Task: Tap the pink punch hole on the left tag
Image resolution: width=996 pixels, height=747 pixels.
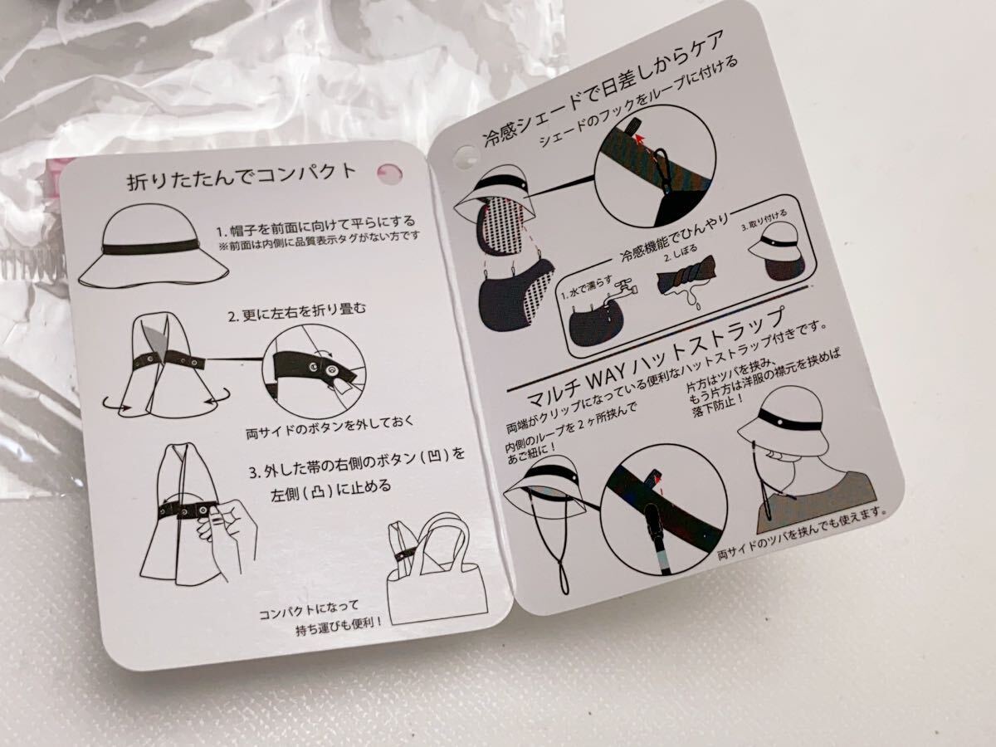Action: [x=390, y=173]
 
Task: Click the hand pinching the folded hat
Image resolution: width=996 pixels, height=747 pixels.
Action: [x=226, y=535]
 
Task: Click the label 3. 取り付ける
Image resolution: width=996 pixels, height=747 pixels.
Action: [x=764, y=221]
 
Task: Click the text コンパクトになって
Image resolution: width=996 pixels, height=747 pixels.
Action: [x=309, y=610]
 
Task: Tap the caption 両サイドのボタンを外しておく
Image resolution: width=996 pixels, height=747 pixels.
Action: [x=330, y=427]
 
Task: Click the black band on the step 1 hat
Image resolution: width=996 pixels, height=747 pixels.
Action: [x=150, y=248]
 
